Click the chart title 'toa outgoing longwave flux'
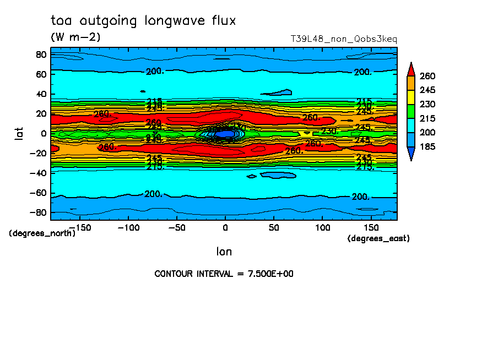143,21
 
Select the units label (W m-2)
75,37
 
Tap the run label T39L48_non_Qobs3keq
344,39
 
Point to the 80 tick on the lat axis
41,54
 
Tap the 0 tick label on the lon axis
225,227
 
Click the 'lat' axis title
19,133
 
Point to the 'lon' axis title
224,252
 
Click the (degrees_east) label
378,238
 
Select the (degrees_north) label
42,233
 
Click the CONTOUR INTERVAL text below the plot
224,274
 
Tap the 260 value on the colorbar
427,75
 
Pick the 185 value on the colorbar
427,146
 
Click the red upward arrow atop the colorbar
410,68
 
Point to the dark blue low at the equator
225,134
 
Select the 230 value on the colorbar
427,104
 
